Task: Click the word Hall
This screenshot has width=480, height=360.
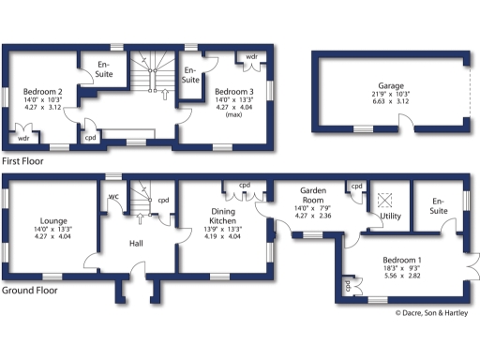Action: (137, 243)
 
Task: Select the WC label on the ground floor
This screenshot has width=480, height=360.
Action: (112, 197)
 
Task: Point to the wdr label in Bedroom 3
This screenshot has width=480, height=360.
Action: (251, 57)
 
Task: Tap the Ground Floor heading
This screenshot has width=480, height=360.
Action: (30, 291)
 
